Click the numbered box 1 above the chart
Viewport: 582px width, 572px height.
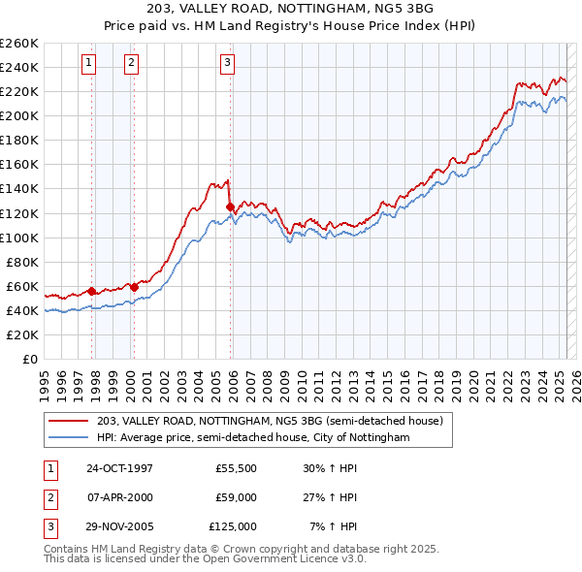[88, 64]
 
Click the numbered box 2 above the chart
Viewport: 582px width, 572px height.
[131, 64]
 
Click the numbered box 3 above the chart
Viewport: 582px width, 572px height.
[227, 64]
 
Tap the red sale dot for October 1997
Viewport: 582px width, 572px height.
[91, 291]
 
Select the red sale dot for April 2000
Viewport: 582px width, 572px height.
[133, 287]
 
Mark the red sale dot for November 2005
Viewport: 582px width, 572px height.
[230, 207]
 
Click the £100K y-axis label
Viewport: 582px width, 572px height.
[19, 238]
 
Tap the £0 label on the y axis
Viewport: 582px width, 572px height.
[29, 359]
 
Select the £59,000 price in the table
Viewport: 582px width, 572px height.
[235, 497]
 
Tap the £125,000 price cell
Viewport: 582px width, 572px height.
[233, 526]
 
